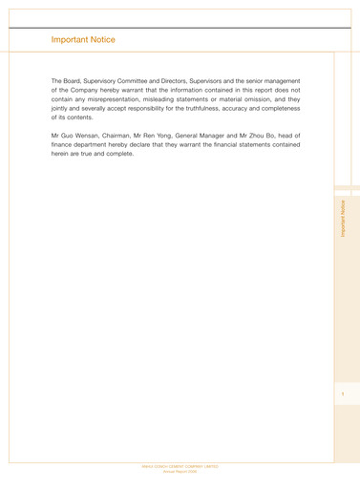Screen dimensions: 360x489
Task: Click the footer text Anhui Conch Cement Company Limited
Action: tap(179, 466)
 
